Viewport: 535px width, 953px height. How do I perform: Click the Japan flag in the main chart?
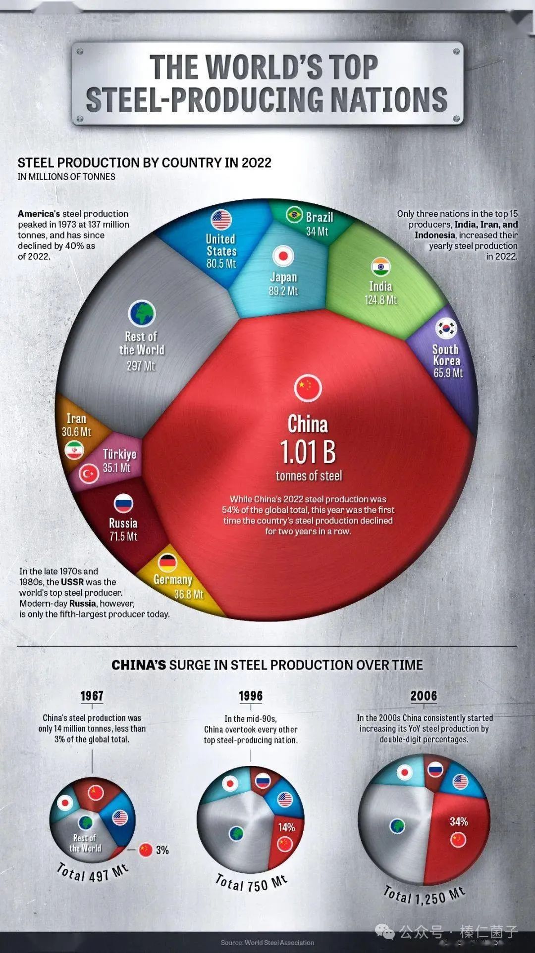point(283,256)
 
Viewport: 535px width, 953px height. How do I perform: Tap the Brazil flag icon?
point(294,215)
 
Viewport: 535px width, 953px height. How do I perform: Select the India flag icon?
point(381,267)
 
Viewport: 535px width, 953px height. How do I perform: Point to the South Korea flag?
point(446,329)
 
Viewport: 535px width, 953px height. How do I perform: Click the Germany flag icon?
point(167,562)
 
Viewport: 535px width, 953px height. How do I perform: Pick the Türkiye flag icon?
point(89,474)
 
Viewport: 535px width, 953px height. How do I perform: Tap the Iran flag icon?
point(74,450)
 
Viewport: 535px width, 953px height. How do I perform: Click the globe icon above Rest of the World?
point(142,314)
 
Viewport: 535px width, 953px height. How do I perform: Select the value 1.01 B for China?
point(308,452)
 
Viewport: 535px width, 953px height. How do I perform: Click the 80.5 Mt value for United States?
point(221,264)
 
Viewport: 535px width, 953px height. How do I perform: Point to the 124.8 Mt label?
point(381,300)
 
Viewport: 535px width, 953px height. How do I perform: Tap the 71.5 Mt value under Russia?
point(123,536)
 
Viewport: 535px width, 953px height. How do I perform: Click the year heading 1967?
point(92,696)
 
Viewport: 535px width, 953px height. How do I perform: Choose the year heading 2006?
point(424,696)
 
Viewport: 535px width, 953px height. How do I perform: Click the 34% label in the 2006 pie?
point(459,822)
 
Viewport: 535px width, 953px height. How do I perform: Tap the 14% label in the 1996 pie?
point(286,827)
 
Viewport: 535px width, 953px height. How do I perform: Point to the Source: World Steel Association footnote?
point(267,943)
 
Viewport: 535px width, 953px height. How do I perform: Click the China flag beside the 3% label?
point(145,850)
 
